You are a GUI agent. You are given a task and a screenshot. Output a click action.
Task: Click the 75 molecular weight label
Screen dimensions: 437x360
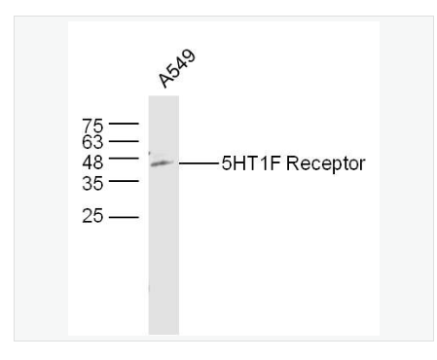92,125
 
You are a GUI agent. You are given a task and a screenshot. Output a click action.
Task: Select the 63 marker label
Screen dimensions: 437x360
92,142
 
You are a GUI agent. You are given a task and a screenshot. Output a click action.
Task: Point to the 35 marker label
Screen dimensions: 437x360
92,181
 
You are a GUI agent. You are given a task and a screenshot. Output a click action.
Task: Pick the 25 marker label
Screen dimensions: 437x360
92,216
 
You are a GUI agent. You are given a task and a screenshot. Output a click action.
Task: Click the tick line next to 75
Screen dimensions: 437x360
124,125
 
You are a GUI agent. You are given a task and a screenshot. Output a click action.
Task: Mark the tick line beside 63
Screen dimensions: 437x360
124,142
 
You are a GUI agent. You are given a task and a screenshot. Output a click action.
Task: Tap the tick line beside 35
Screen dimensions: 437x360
124,181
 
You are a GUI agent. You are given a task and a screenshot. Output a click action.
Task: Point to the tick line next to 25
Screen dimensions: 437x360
124,216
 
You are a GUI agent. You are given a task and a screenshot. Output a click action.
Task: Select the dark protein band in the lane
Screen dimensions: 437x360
162,162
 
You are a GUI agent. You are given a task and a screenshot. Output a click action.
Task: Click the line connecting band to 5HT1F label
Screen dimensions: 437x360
199,162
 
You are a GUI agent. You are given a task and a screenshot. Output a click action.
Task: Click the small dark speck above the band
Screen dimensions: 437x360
150,153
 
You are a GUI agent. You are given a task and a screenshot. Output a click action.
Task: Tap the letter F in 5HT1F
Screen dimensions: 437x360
264,162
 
